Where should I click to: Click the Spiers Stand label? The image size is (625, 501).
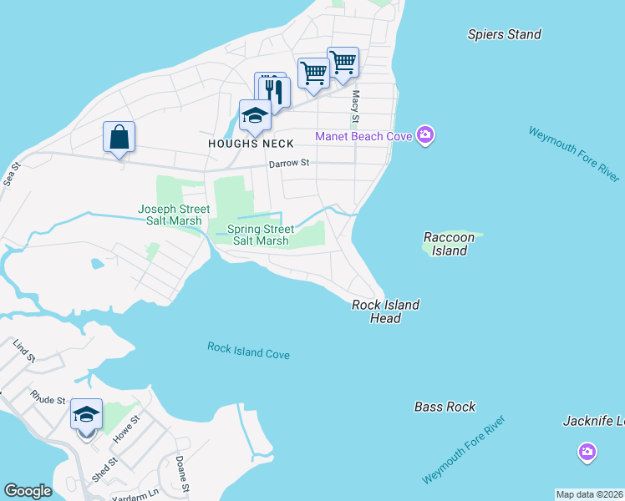[504, 34]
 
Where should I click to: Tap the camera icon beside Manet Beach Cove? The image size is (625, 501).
[425, 135]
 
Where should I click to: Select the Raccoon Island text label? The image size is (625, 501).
[449, 244]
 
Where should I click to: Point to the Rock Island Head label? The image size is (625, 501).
[385, 311]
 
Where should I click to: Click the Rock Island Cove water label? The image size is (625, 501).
[248, 351]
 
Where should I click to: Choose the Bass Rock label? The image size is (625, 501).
[445, 407]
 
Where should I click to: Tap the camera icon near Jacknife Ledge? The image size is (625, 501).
[587, 452]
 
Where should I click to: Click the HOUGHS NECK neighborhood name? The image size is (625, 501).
[251, 144]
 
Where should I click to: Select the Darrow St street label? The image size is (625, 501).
[289, 164]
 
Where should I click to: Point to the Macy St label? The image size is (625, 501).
[355, 104]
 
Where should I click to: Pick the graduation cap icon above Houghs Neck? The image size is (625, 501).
[254, 115]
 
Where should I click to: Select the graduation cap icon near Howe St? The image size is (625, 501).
[86, 414]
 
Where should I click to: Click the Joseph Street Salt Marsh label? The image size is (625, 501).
[170, 215]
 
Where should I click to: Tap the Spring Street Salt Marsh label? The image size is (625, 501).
[261, 235]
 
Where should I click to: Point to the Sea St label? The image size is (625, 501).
[9, 175]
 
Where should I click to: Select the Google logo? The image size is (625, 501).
[28, 491]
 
